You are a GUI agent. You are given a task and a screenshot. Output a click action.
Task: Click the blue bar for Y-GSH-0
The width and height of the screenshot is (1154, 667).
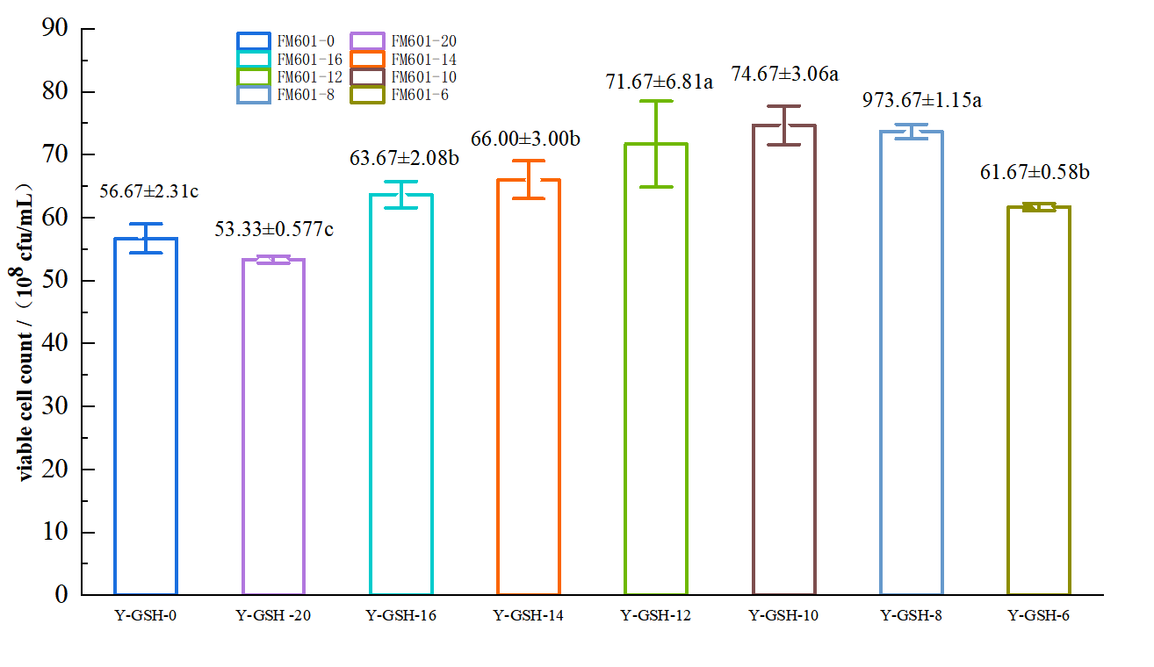(x=146, y=417)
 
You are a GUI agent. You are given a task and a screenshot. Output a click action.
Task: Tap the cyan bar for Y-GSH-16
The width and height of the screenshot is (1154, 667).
(x=401, y=395)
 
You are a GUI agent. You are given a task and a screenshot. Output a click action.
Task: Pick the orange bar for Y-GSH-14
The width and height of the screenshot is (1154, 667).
(x=529, y=387)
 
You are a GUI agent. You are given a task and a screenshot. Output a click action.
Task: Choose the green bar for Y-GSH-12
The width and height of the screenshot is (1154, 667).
(x=656, y=369)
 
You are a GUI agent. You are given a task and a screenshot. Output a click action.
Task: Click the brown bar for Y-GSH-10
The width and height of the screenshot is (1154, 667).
(x=784, y=360)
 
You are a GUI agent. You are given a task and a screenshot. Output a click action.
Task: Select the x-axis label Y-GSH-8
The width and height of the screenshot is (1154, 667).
(x=912, y=615)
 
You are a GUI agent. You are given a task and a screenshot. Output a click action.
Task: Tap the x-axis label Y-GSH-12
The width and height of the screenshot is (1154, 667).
(x=656, y=615)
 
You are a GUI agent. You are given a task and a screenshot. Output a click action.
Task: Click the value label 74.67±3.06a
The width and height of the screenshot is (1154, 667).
(x=785, y=74)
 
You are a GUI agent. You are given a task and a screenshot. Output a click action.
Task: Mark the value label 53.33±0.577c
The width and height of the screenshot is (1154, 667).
(x=274, y=230)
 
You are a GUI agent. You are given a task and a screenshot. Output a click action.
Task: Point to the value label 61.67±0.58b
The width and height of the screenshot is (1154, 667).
(x=1040, y=172)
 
